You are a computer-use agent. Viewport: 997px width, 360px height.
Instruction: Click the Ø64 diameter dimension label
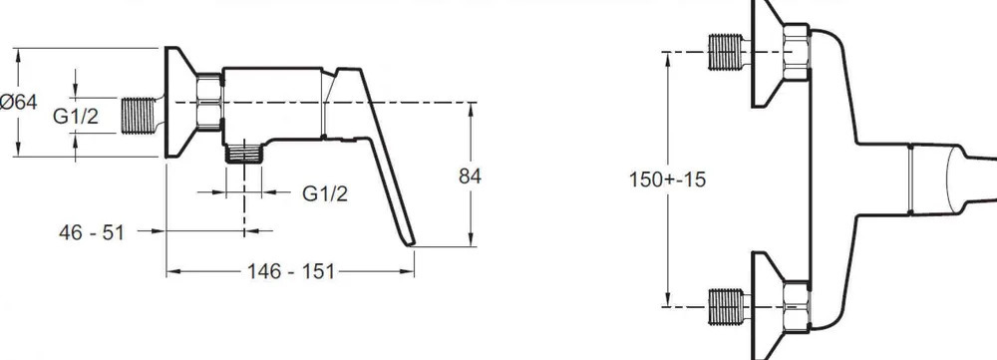[18, 102]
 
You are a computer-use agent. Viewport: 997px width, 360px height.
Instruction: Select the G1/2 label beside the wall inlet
[76, 116]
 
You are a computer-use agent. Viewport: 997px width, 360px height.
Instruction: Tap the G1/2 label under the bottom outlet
[325, 193]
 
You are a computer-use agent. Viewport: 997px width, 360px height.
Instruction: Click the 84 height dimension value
[470, 177]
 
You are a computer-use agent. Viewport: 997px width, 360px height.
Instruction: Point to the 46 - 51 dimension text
[92, 232]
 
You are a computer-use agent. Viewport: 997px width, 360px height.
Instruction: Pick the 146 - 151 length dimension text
[290, 271]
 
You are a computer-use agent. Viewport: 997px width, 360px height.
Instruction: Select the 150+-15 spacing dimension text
[668, 180]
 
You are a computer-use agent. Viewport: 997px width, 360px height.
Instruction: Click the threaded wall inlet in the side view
[139, 116]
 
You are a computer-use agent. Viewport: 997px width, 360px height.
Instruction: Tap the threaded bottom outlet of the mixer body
[244, 154]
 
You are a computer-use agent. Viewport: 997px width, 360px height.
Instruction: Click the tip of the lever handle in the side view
[411, 243]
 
